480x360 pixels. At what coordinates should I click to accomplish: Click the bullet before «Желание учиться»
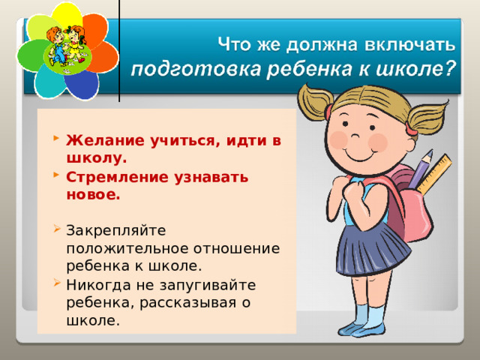56,139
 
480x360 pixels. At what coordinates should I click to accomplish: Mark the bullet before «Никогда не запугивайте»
56,284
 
